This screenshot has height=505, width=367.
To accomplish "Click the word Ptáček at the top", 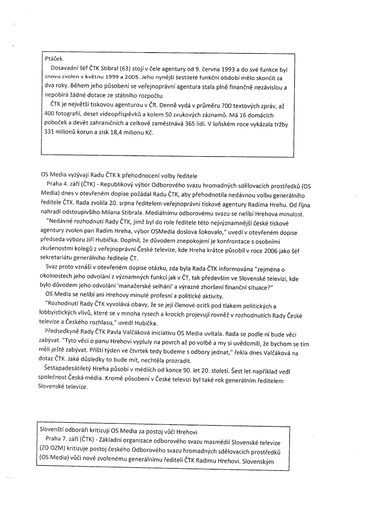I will [x=54, y=59].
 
